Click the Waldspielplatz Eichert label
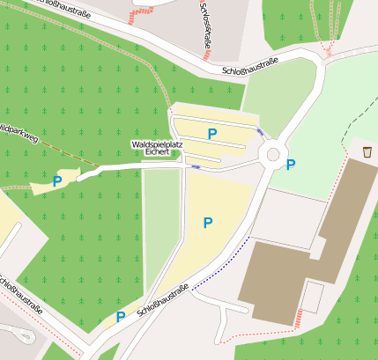[156, 148]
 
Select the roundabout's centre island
[273, 155]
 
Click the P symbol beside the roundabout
[291, 165]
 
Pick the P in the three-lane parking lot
[211, 134]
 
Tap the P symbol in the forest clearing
[57, 182]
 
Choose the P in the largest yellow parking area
[208, 224]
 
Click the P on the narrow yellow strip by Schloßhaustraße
[120, 317]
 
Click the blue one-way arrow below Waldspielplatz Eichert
[196, 165]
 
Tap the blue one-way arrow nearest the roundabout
[259, 131]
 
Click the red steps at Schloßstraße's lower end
[139, 15]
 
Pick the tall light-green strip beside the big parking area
[161, 224]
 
